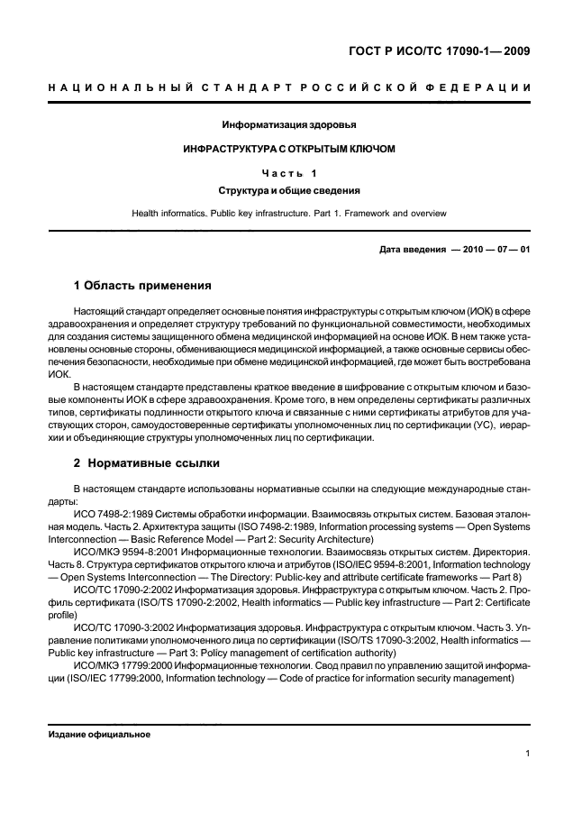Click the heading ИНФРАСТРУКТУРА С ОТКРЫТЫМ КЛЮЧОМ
click(289, 148)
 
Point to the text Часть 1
click(289, 171)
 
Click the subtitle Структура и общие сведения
click(289, 190)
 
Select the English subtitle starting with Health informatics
click(289, 214)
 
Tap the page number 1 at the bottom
click(526, 754)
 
